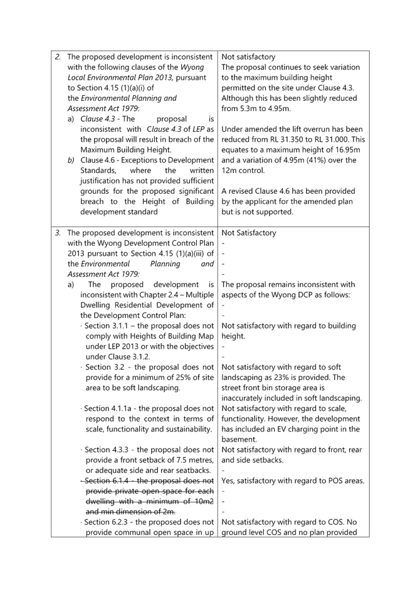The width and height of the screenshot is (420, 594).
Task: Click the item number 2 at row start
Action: click(x=57, y=57)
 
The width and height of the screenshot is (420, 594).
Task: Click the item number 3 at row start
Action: click(x=57, y=233)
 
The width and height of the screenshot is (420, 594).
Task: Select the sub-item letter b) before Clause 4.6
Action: click(x=71, y=161)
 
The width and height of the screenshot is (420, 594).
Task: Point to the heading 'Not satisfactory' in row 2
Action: click(x=248, y=57)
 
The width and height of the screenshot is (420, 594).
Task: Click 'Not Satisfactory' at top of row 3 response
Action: click(x=249, y=233)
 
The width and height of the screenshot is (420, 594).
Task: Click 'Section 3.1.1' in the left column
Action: click(x=106, y=326)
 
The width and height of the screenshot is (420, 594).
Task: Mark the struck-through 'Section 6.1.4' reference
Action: click(x=107, y=480)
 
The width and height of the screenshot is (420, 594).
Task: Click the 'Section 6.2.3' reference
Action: click(x=106, y=522)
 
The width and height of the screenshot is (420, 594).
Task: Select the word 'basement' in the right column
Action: click(x=238, y=439)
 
